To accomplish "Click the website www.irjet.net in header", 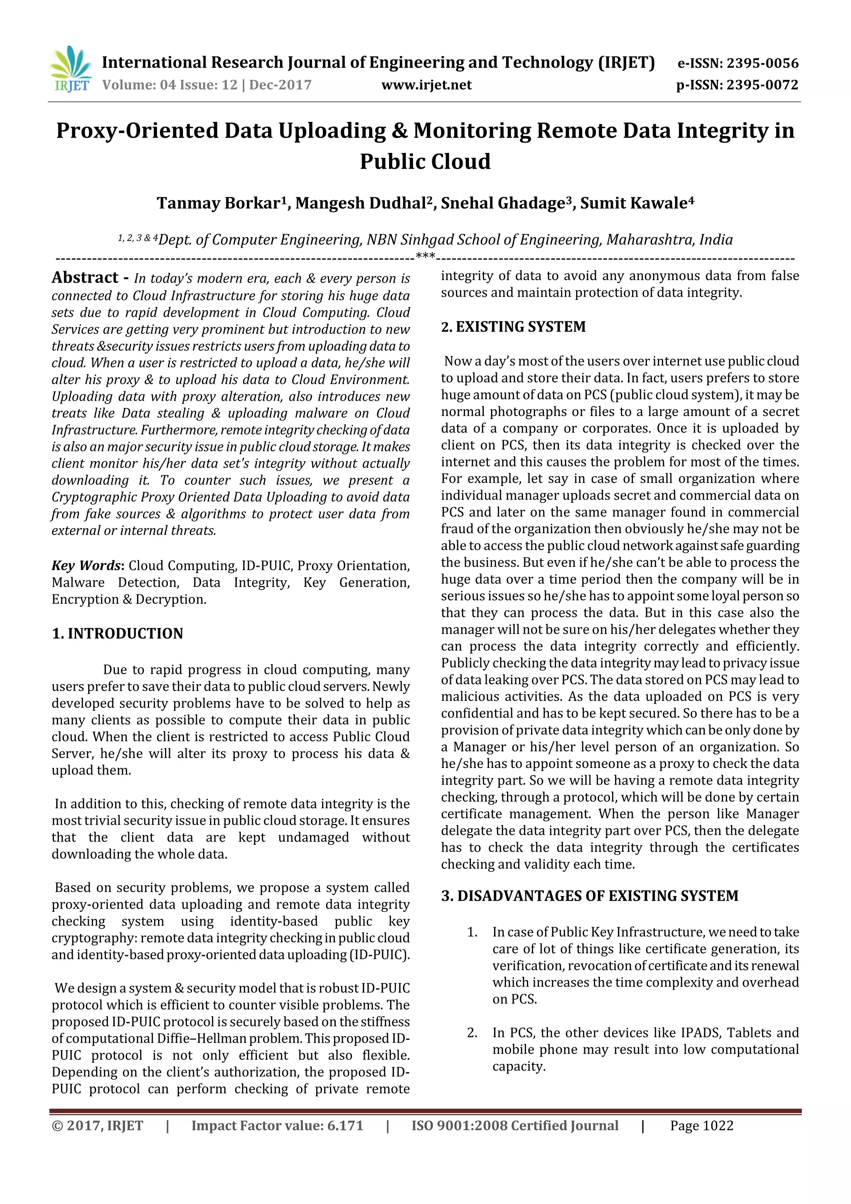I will point(426,85).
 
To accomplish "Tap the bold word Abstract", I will point(85,277).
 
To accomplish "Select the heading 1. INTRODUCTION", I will point(118,633).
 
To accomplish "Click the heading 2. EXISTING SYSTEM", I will point(513,327).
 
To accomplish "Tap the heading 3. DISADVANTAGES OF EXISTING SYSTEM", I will point(589,896).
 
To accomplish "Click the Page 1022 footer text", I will point(701,1126).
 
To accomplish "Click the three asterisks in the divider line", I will point(425,256).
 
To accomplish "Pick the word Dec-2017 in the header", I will point(280,85).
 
